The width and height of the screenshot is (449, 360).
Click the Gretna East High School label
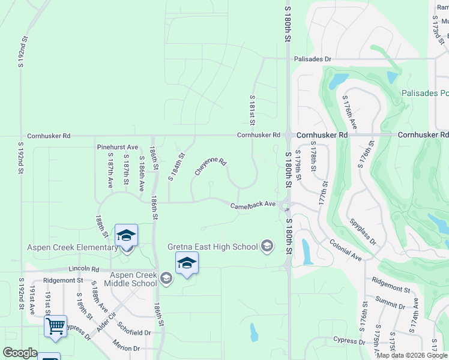212,247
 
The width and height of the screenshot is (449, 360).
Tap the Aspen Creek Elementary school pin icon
127,236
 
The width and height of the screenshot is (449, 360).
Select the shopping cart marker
55,327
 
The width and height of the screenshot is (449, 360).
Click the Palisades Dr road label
312,59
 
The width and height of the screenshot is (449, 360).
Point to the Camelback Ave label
253,205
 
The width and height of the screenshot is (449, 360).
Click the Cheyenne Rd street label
210,167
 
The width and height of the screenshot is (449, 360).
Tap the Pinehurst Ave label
118,147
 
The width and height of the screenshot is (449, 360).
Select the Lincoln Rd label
83,268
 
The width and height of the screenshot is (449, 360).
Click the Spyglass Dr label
363,232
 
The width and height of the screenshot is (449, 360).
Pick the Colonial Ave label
345,250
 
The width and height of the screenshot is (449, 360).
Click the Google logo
20,353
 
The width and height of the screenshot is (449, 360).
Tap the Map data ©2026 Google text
412,355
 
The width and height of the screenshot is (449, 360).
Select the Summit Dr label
391,298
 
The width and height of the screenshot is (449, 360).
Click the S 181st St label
253,110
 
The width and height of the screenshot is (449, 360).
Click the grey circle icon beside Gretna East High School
267,245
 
